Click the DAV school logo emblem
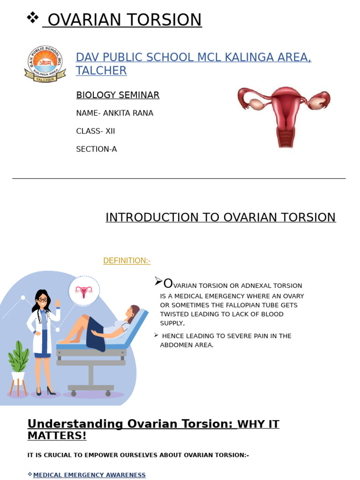(45, 64)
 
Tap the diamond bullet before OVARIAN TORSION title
(32, 18)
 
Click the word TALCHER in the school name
(101, 71)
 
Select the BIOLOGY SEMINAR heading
(118, 95)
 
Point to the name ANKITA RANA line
(114, 113)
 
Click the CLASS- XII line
(95, 131)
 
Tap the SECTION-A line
(96, 150)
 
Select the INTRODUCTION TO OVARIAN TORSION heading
(220, 217)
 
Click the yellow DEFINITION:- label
(127, 261)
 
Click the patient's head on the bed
(132, 312)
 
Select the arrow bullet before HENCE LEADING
(156, 335)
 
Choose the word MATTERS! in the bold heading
(57, 435)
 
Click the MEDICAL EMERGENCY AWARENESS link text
(89, 475)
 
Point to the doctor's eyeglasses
(42, 300)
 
